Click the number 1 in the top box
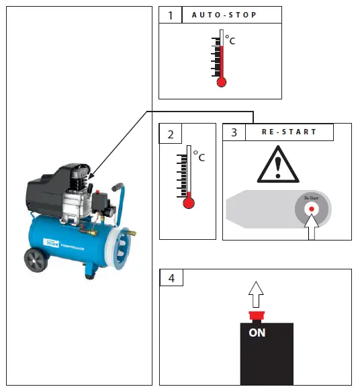point(170,15)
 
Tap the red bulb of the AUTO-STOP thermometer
point(222,82)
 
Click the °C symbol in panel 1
point(230,40)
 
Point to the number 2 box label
point(170,134)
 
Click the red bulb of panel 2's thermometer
point(188,201)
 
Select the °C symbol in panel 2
point(199,157)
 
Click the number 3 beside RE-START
point(234,132)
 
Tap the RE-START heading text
point(289,132)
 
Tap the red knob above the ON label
point(256,316)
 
